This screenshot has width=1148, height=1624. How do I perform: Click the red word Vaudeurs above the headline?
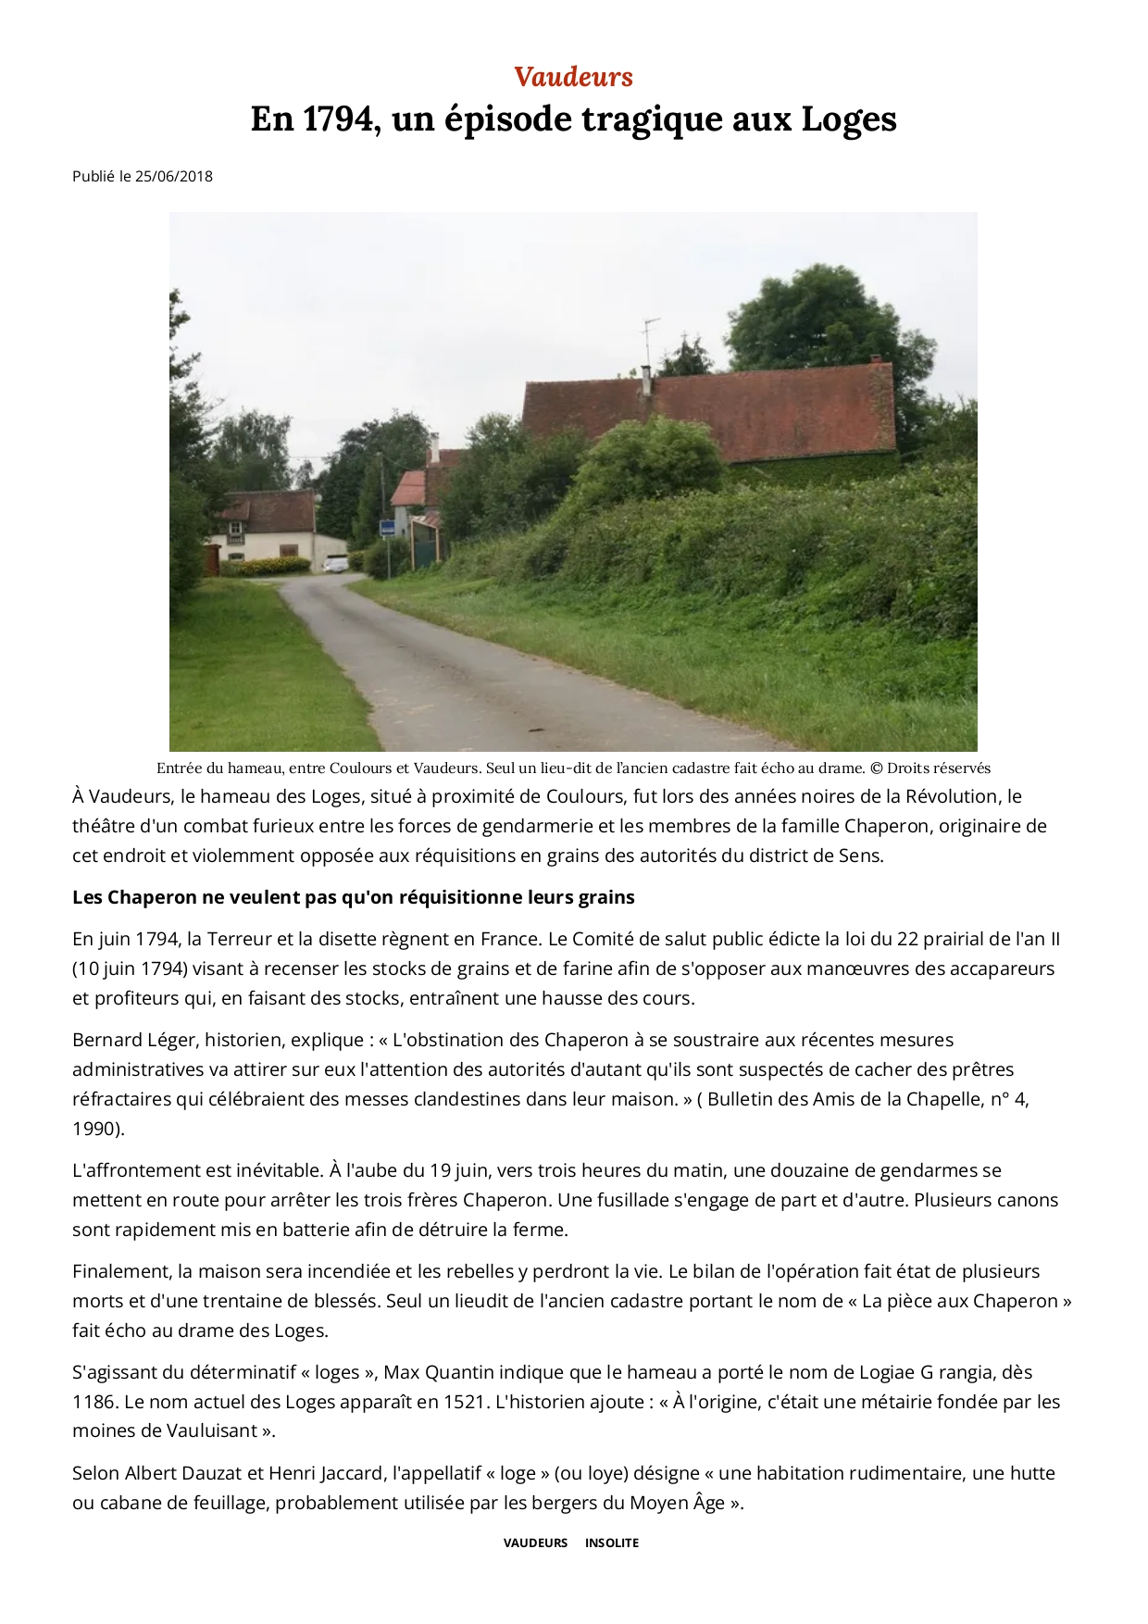(573, 77)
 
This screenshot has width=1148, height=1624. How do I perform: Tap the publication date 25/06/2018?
(173, 176)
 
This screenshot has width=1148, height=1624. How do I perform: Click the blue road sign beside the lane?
(388, 528)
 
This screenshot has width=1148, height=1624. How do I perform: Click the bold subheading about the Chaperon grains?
(354, 897)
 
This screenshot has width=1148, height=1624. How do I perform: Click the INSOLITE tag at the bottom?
(611, 1543)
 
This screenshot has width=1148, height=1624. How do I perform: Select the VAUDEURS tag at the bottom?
(535, 1543)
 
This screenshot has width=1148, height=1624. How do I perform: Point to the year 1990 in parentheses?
(94, 1129)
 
